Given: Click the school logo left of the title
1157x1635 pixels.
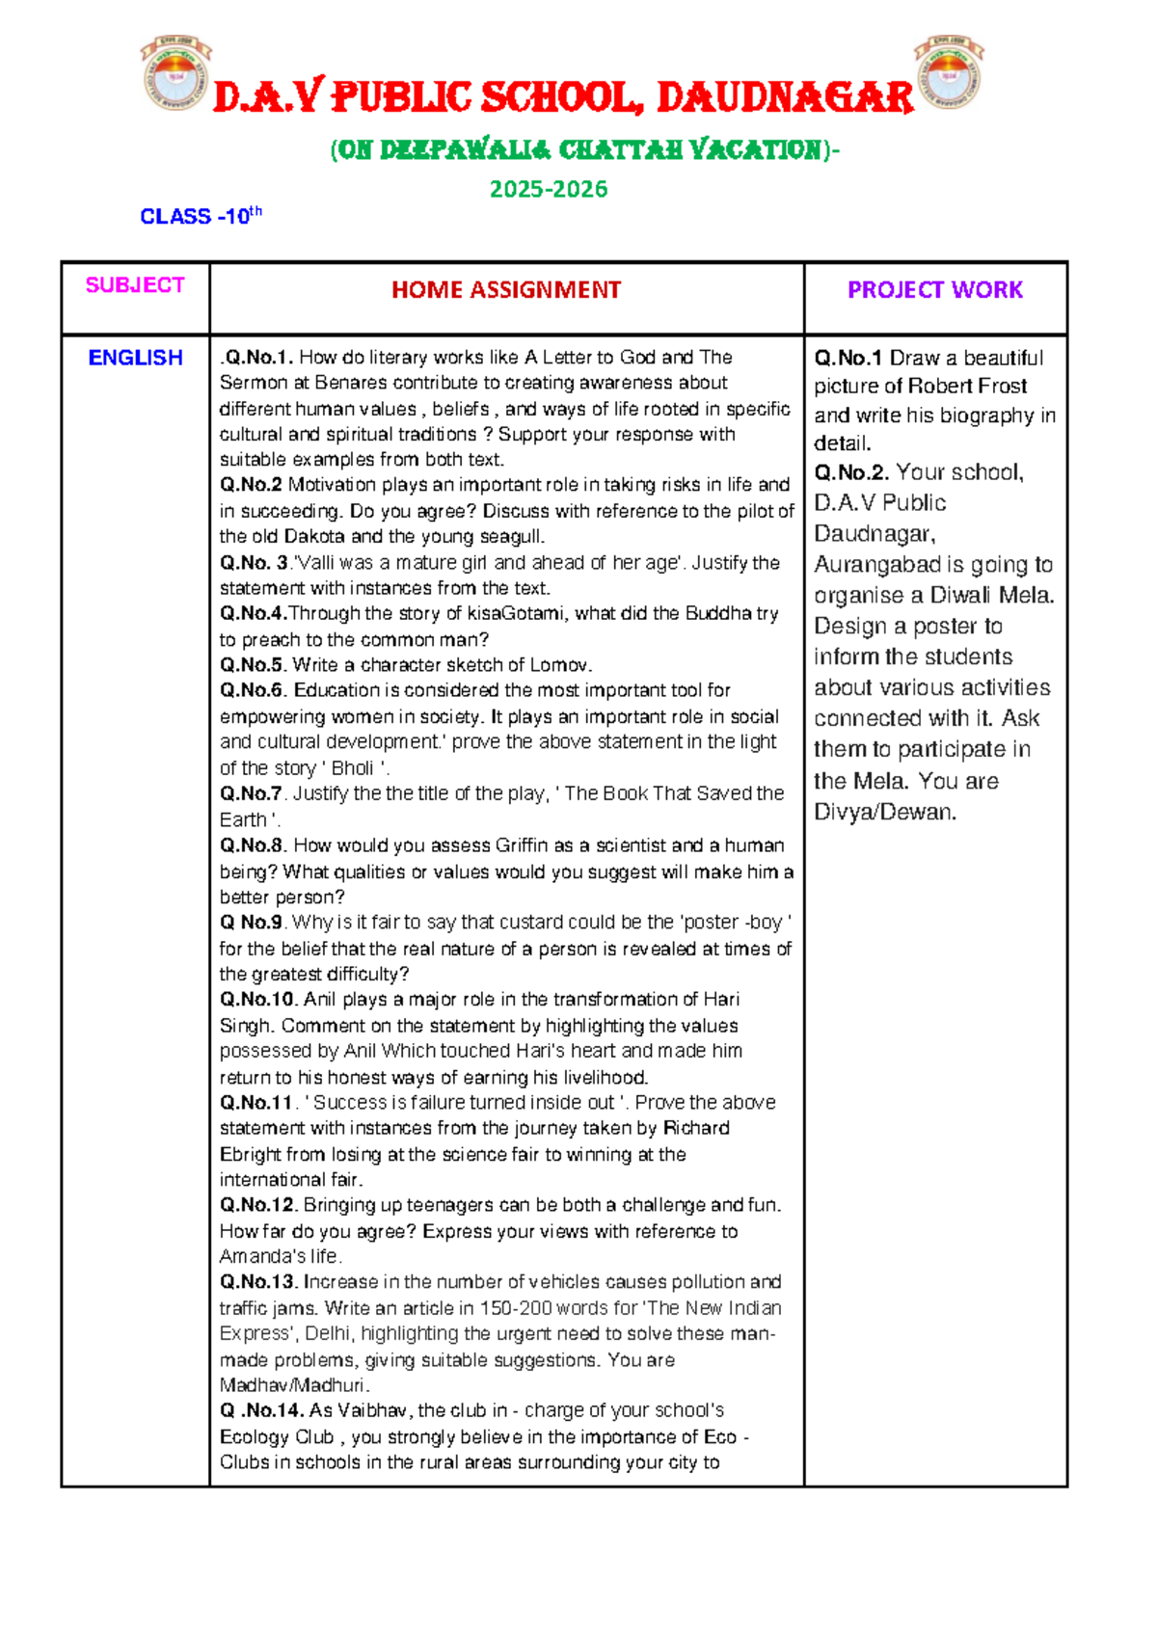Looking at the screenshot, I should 175,73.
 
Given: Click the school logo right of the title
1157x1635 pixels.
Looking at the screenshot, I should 949,73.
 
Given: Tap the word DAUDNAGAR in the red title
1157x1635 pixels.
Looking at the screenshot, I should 785,98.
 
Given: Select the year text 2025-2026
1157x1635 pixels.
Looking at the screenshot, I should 549,189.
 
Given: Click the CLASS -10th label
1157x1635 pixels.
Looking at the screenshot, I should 201,216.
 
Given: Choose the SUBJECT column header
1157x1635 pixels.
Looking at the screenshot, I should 135,285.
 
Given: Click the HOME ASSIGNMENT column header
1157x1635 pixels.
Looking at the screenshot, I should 506,290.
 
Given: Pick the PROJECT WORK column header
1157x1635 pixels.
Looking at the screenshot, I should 934,290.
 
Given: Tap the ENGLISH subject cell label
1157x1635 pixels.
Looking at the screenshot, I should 135,358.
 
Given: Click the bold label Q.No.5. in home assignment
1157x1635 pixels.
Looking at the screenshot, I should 254,665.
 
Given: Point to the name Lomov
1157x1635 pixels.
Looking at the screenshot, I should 558,665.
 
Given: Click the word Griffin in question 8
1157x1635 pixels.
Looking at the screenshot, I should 521,845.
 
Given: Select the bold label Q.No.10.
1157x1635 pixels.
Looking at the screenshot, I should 259,1000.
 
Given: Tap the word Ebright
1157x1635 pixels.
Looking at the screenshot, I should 250,1154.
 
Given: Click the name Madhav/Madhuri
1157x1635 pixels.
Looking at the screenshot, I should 293,1385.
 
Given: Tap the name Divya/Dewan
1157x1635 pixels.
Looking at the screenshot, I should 884,812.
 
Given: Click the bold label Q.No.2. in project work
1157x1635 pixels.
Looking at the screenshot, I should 852,472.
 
